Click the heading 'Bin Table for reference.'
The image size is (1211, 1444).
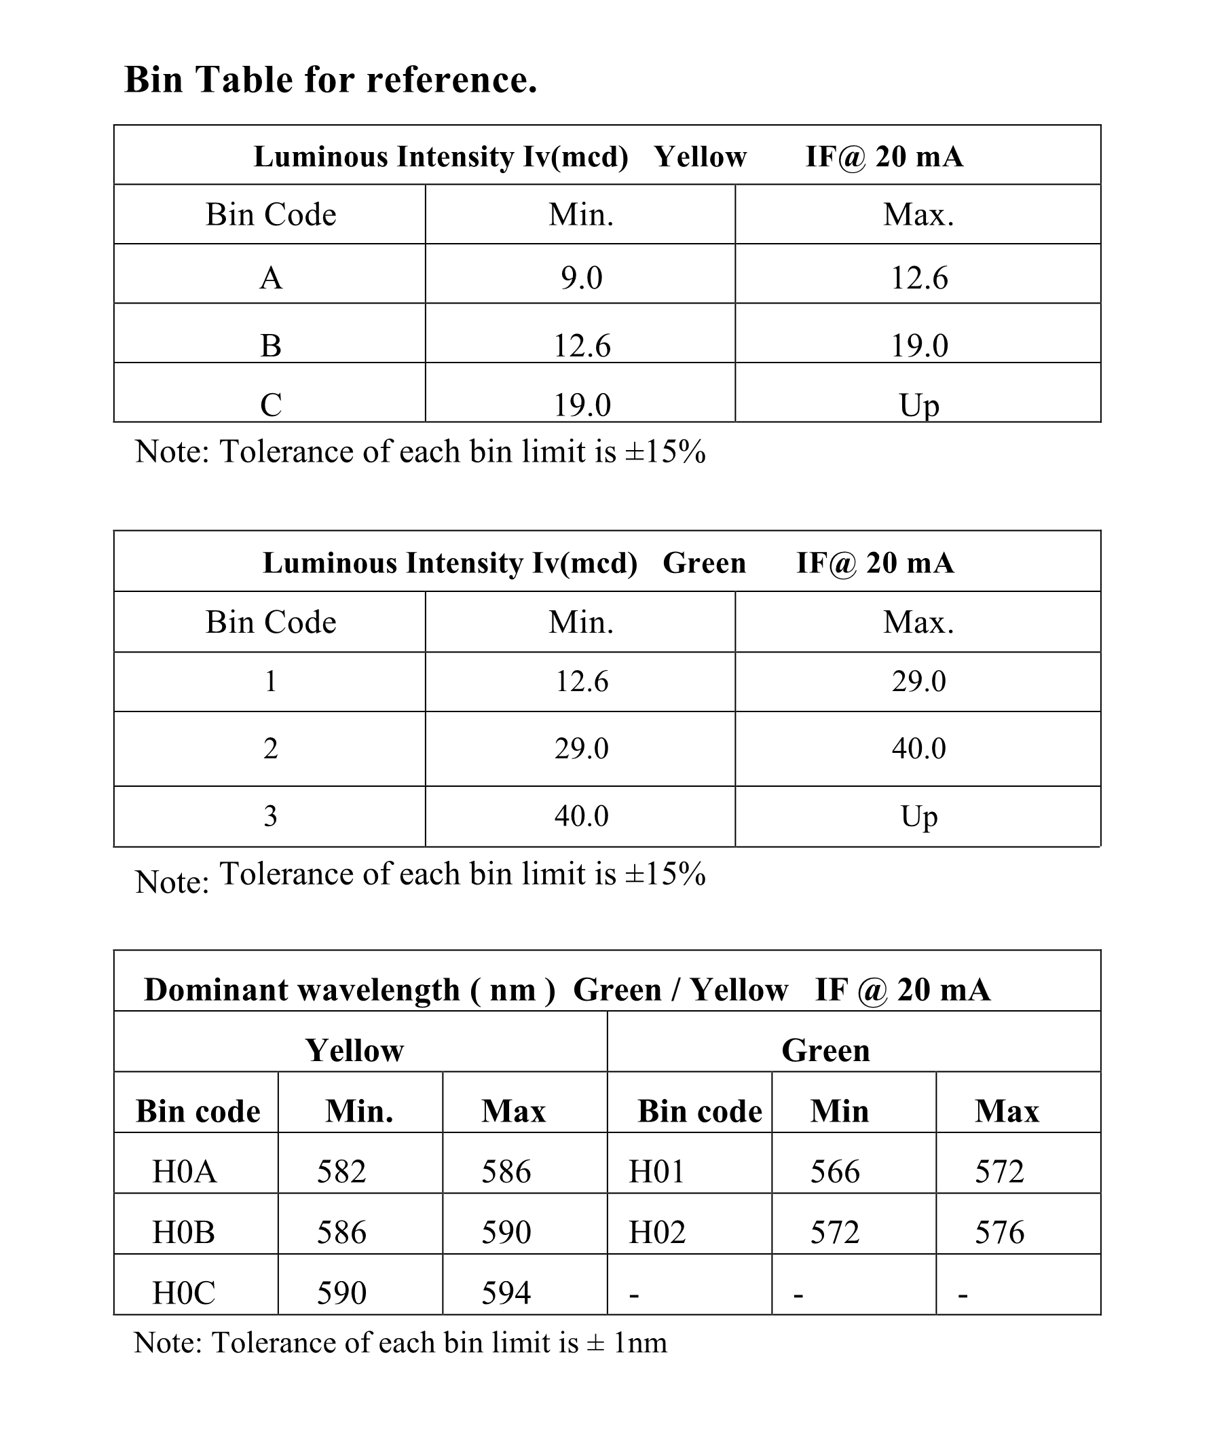[x=330, y=79]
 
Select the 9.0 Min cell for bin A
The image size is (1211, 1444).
[x=581, y=278]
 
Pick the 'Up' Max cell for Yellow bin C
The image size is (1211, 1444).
[x=918, y=405]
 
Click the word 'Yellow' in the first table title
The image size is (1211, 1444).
[x=699, y=157]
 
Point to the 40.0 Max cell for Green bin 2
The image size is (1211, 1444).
[x=918, y=748]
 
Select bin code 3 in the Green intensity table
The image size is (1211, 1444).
[x=271, y=816]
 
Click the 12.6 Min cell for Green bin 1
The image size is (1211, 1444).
[x=581, y=682]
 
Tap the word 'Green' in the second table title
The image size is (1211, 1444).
[x=703, y=563]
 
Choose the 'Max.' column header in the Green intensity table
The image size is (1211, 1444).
[x=918, y=623]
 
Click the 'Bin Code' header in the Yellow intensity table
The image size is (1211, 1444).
[x=271, y=215]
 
